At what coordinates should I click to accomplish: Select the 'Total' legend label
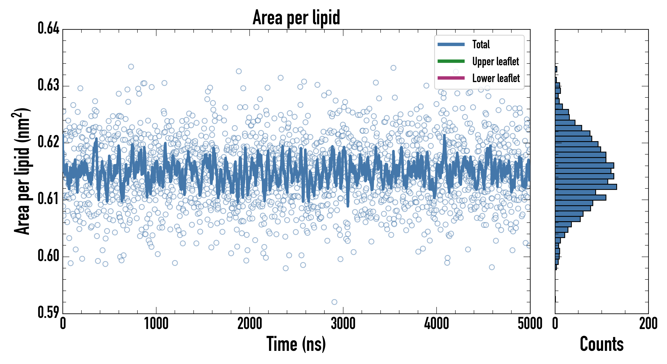pyautogui.click(x=481, y=44)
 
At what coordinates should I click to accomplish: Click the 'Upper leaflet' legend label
pyautogui.click(x=495, y=61)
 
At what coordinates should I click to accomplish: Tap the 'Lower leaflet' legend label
pyautogui.click(x=496, y=78)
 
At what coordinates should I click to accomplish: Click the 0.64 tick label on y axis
pyautogui.click(x=49, y=28)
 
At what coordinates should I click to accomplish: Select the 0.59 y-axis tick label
pyautogui.click(x=49, y=312)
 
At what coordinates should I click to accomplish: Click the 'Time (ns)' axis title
pyautogui.click(x=296, y=344)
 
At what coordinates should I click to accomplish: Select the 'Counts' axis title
pyautogui.click(x=602, y=344)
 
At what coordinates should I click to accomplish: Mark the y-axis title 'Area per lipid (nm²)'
pyautogui.click(x=22, y=171)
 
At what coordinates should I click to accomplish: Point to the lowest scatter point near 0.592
pyautogui.click(x=334, y=302)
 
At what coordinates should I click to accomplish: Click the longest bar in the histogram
pyautogui.click(x=586, y=187)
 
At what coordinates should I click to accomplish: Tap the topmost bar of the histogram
pyautogui.click(x=556, y=69)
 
